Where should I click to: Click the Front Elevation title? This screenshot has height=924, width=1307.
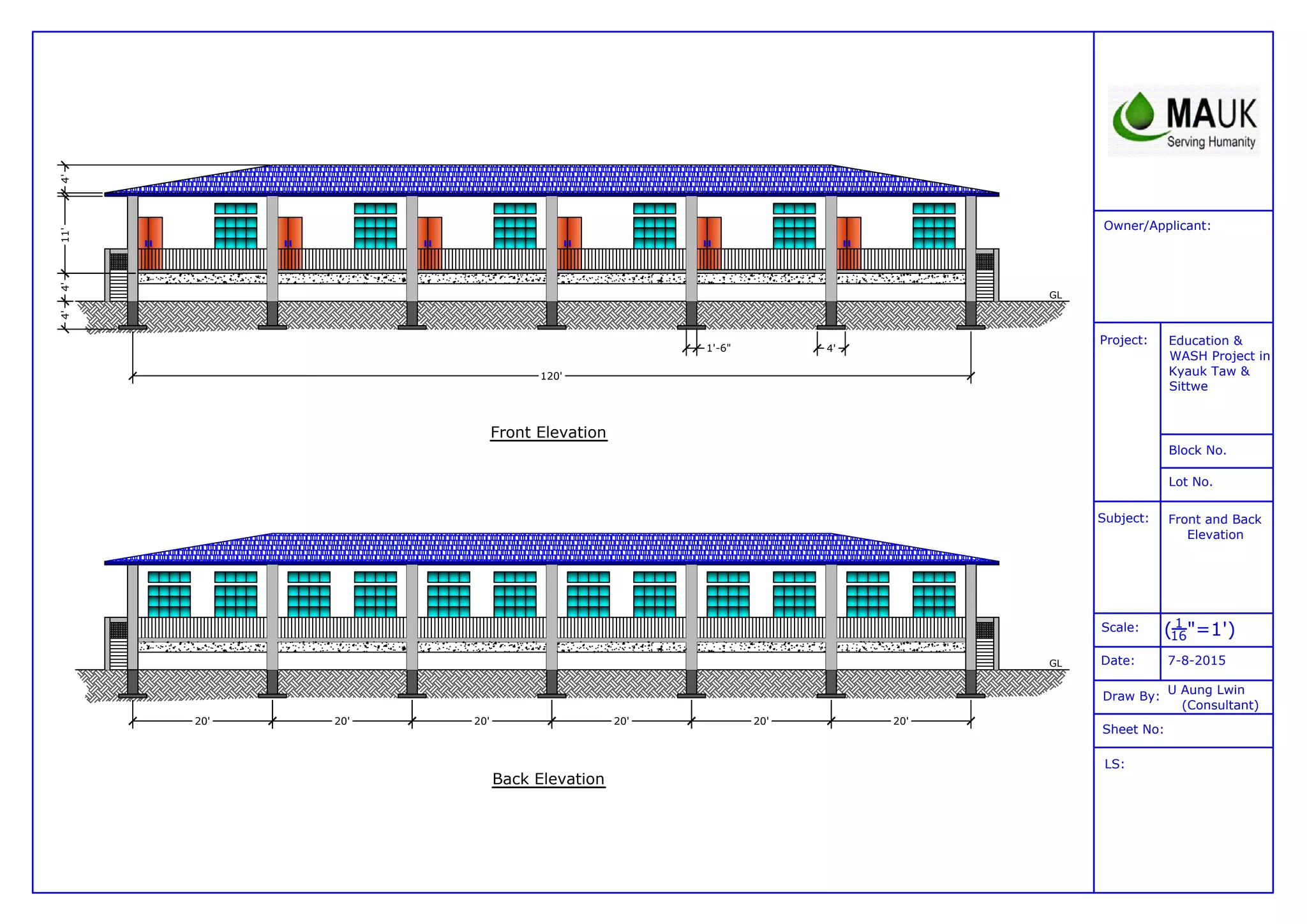click(x=548, y=432)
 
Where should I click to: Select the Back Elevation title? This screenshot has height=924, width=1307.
click(x=548, y=779)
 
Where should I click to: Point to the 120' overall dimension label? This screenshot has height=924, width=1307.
click(x=551, y=376)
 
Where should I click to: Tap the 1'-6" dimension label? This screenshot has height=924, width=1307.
click(x=718, y=348)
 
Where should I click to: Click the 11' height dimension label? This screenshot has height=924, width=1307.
click(x=65, y=235)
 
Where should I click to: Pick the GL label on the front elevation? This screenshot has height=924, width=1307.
click(x=1056, y=295)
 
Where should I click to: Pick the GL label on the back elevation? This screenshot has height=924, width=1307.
click(x=1056, y=663)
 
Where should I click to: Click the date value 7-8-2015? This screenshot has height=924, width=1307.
click(x=1197, y=660)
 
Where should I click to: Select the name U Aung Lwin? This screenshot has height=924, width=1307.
click(x=1206, y=690)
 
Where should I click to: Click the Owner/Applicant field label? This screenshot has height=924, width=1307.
click(x=1156, y=225)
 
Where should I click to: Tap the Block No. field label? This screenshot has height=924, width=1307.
click(x=1197, y=450)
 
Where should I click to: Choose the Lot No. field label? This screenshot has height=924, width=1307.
click(x=1190, y=482)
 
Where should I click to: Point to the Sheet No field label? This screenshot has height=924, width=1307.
click(x=1133, y=729)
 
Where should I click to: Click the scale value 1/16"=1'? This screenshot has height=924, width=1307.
click(x=1199, y=630)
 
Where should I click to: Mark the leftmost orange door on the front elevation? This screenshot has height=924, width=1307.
click(x=151, y=243)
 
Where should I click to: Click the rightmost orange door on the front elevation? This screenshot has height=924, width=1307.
click(x=849, y=243)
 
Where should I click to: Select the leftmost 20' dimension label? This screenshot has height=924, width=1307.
click(x=202, y=721)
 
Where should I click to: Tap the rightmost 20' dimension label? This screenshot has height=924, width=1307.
click(x=900, y=721)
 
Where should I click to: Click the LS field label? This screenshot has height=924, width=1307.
click(x=1114, y=764)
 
